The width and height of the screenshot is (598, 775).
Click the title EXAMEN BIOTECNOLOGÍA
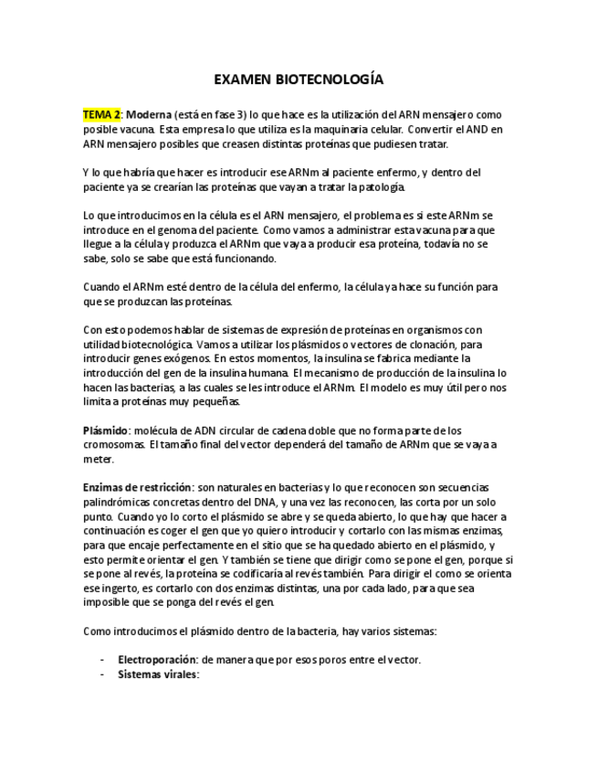(299, 80)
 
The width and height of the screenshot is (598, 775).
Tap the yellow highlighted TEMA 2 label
(101, 115)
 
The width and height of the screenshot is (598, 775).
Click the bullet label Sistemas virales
(158, 674)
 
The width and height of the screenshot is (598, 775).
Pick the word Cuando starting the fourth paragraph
(102, 287)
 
